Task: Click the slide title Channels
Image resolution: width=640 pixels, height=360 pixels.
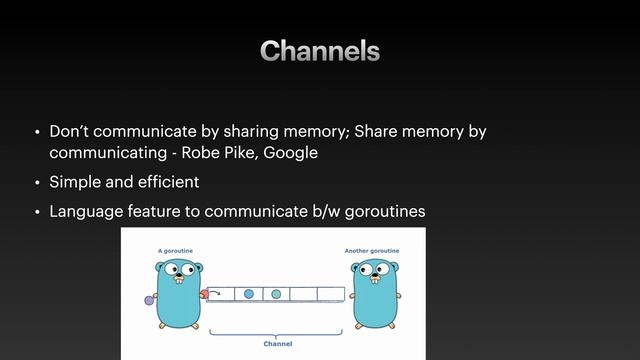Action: click(x=320, y=51)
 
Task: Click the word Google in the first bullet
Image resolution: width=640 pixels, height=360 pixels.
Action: click(x=290, y=153)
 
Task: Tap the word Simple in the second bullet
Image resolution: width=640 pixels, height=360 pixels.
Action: click(x=76, y=182)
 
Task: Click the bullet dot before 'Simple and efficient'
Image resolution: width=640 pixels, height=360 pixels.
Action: click(x=37, y=183)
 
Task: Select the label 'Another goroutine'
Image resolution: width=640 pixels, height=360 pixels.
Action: click(x=372, y=250)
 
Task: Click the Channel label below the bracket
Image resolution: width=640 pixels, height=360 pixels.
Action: click(x=277, y=342)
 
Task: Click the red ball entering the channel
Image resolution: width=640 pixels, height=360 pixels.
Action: click(x=204, y=294)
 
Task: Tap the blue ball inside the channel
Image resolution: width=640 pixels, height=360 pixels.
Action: click(x=248, y=294)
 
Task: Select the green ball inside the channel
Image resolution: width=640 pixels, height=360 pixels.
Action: click(x=276, y=294)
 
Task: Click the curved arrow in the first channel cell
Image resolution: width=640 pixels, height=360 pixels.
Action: click(x=217, y=294)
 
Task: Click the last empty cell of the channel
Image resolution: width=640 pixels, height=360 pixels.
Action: click(x=331, y=294)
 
